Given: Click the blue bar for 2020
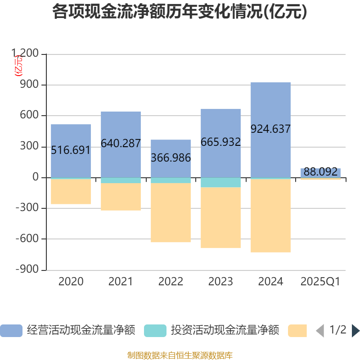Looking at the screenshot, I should pyautogui.click(x=71, y=135).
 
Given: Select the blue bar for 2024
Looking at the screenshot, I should pyautogui.click(x=270, y=103).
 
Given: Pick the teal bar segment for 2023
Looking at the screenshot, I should pyautogui.click(x=220, y=182).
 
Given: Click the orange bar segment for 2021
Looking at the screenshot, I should pyautogui.click(x=121, y=197).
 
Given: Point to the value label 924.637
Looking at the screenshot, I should pyautogui.click(x=270, y=129).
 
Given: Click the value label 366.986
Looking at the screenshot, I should pyautogui.click(x=171, y=158).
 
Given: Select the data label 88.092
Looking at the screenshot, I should pyautogui.click(x=320, y=172).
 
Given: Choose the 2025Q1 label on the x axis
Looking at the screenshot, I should pyautogui.click(x=320, y=282).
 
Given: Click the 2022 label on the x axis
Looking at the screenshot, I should pyautogui.click(x=171, y=282).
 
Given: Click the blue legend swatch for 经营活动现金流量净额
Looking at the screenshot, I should pyautogui.click(x=11, y=331).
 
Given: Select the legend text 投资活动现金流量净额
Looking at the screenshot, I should pyautogui.click(x=225, y=331).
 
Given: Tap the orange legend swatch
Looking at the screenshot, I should pyautogui.click(x=297, y=331).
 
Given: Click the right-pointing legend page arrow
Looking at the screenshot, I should pyautogui.click(x=355, y=331).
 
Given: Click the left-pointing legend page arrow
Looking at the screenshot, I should pyautogui.click(x=320, y=331).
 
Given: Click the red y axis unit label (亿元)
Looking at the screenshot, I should pyautogui.click(x=18, y=65).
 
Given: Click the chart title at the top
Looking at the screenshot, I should pyautogui.click(x=180, y=12).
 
